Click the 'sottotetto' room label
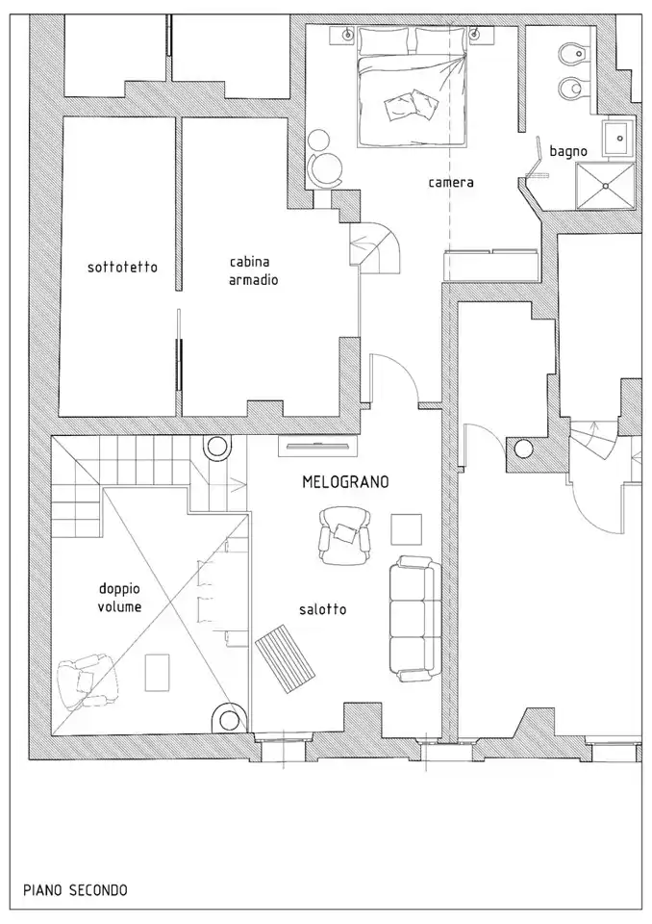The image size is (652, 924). click(122, 267)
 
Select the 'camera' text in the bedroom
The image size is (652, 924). click(451, 182)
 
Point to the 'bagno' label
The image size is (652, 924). click(568, 151)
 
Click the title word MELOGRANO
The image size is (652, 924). click(346, 482)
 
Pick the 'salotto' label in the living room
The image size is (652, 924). click(322, 609)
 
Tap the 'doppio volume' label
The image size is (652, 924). click(119, 598)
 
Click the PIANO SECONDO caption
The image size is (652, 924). click(75, 889)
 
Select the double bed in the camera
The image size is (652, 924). click(413, 87)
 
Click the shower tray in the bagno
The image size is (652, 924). click(605, 186)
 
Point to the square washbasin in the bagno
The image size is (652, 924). click(618, 139)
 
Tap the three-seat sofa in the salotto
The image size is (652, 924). click(414, 619)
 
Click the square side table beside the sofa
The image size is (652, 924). click(407, 529)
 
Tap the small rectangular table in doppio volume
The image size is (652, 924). click(158, 673)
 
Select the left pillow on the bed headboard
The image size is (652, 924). click(386, 40)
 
